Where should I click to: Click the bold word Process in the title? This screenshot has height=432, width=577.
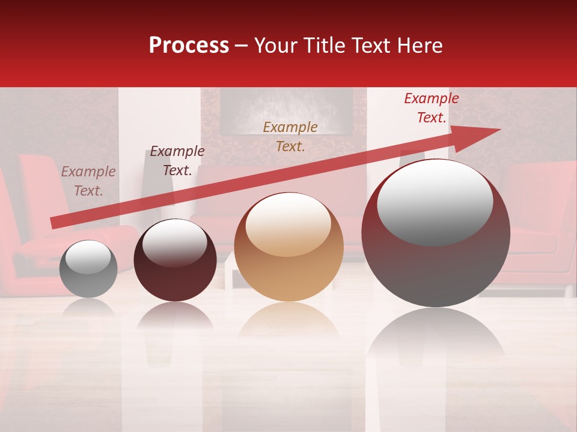click(x=189, y=46)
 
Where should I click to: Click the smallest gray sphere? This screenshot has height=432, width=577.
click(x=88, y=269)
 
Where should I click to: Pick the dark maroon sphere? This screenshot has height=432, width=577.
click(x=175, y=260)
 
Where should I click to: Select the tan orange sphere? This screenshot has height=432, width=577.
click(x=288, y=247)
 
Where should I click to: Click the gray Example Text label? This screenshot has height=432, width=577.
click(x=88, y=181)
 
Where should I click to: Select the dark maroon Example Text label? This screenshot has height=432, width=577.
click(x=177, y=161)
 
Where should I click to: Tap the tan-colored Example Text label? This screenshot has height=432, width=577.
click(x=290, y=136)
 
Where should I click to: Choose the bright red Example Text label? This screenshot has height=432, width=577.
click(x=431, y=108)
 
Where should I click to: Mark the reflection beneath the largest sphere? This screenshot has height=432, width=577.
click(x=436, y=336)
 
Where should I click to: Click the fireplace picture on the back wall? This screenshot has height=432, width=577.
click(x=286, y=110)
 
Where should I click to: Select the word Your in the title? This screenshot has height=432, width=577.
click(x=275, y=46)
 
